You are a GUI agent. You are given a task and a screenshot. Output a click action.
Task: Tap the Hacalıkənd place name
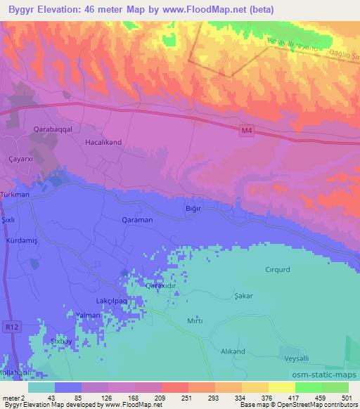103,142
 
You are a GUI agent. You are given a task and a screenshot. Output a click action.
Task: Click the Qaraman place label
136,219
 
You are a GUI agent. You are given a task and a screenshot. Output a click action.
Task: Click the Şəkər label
243,297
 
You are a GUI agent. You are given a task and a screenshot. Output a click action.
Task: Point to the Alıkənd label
233,351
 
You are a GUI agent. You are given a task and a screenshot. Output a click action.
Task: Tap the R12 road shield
11,327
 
